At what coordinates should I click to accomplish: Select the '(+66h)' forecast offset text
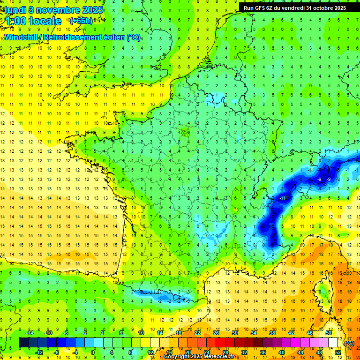pyautogui.click(x=81, y=21)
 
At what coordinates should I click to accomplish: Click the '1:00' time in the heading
pyautogui.click(x=15, y=21)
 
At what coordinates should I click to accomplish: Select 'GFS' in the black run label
pyautogui.click(x=262, y=7)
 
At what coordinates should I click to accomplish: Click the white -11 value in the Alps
pyautogui.click(x=283, y=198)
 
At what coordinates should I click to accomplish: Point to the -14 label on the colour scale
pyautogui.click(x=30, y=332)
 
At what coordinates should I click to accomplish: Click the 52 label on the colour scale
pyautogui.click(x=338, y=352)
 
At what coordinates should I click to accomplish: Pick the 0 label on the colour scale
pyautogui.click(x=93, y=352)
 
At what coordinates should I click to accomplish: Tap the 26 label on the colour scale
pyautogui.click(x=216, y=332)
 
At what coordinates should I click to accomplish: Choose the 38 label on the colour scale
pyautogui.click(x=272, y=332)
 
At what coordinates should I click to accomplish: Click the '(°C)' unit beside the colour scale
pyautogui.click(x=349, y=343)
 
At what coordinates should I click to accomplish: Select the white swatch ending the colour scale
pyautogui.click(x=333, y=343)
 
